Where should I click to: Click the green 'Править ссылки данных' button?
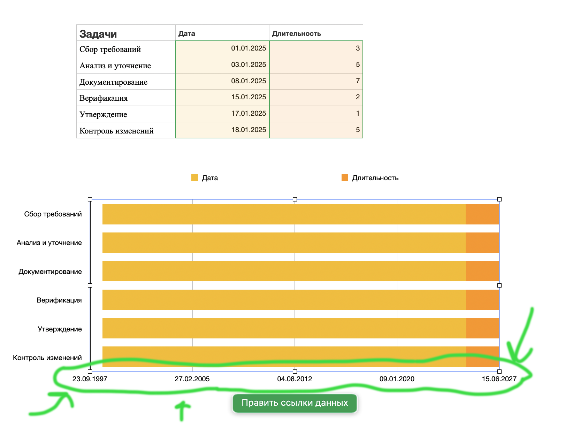coord(295,403)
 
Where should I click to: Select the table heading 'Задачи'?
coord(98,34)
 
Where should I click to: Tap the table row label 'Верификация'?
coord(104,98)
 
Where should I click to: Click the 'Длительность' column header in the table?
coord(296,33)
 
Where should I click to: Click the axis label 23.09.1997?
coord(90,379)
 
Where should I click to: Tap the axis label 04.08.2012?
coord(295,379)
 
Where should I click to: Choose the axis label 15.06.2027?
coord(499,379)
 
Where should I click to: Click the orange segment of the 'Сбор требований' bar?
coord(482,214)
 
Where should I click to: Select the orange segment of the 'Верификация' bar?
coord(482,300)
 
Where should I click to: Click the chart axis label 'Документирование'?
coord(50,272)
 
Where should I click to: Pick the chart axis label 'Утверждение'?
coord(60,329)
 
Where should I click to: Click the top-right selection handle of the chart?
coord(499,199)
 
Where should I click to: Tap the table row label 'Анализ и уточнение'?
coord(115,66)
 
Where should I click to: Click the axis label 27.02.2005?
coord(192,379)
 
